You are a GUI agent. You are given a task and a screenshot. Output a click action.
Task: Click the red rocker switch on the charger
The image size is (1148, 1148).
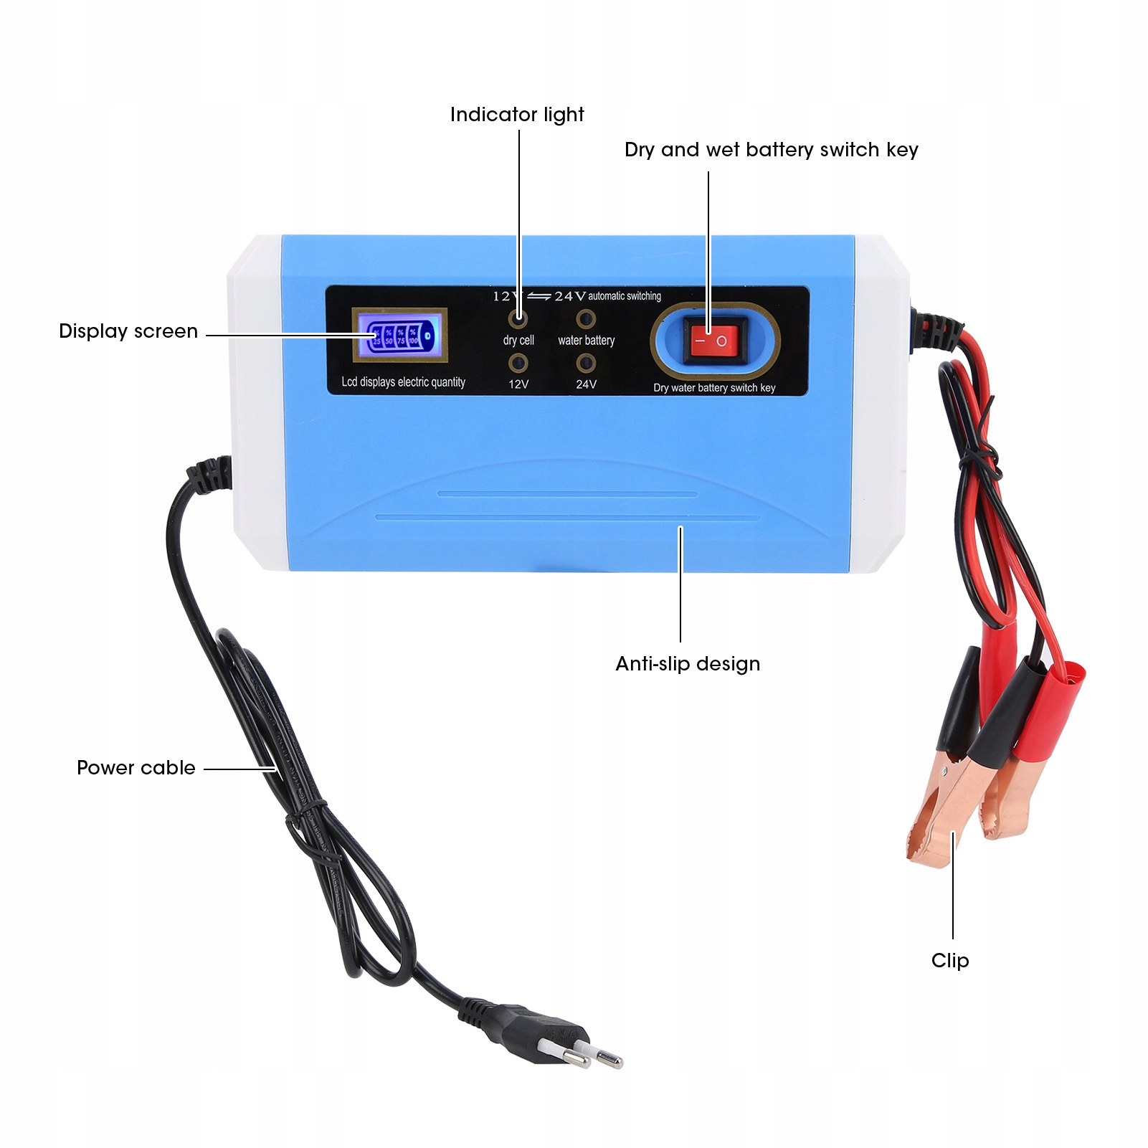point(714,341)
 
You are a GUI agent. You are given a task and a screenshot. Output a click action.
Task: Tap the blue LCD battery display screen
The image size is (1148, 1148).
point(399,335)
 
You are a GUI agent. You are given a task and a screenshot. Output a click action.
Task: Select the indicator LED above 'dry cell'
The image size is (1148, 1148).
point(518,318)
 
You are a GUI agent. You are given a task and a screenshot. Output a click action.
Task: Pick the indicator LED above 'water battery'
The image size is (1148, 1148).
point(586,318)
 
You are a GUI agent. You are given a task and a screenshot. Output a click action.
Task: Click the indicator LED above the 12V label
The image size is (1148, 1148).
point(518,363)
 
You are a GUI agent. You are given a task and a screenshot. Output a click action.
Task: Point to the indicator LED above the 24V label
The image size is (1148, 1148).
point(586,364)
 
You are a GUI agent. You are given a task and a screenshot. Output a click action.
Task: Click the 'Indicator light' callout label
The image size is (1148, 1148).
point(517,115)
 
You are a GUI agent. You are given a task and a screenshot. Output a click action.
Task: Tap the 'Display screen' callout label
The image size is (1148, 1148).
point(128,331)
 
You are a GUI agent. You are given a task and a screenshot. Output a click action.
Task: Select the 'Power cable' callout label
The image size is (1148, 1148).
point(136,768)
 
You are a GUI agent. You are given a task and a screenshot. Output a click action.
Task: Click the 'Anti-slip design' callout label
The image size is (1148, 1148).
point(688,664)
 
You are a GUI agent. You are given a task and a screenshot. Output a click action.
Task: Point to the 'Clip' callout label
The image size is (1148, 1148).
point(950,961)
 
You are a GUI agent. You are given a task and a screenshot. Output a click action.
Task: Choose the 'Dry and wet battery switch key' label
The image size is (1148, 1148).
point(771,150)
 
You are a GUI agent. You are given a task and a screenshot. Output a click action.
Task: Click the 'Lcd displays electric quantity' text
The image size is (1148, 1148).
point(403,382)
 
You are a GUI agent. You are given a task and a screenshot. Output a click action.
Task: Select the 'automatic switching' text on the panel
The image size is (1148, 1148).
point(625,296)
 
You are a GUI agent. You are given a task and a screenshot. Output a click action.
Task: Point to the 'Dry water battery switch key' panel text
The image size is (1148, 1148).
point(714,388)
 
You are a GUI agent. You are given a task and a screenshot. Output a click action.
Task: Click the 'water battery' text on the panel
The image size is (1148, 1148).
point(586,341)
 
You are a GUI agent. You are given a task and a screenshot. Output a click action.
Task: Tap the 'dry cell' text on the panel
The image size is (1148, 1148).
point(518,341)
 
